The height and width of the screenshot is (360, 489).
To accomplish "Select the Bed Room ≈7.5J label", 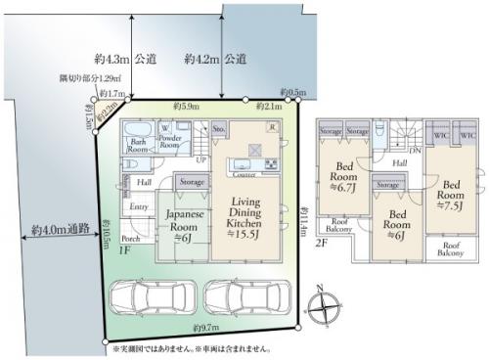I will [451, 192].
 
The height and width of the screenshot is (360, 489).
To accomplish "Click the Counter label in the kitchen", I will [244, 176].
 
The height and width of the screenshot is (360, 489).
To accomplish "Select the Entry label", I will [139, 206].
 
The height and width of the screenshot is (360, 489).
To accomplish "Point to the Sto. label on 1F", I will [219, 127].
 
